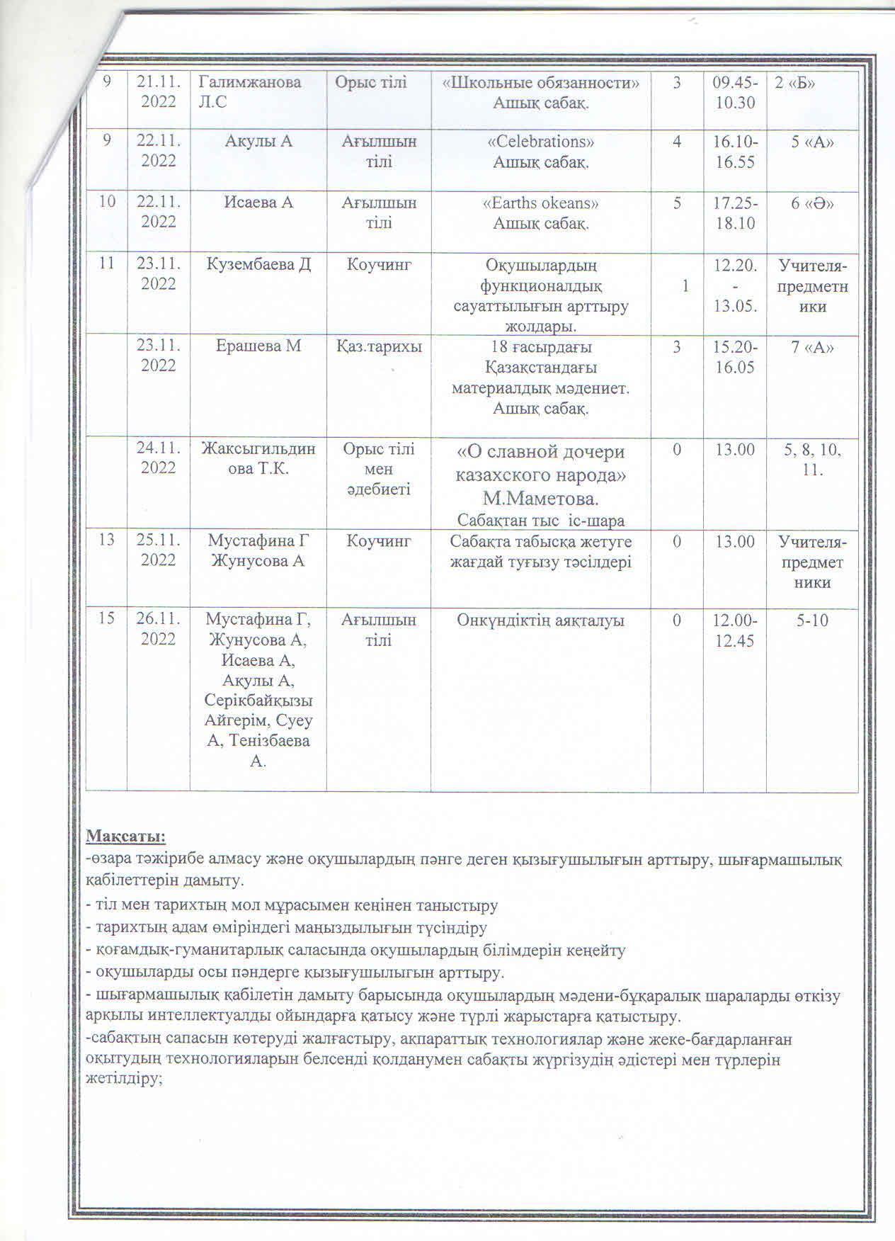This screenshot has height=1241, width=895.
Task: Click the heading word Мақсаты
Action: (x=125, y=837)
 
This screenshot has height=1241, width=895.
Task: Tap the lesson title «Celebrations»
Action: (x=541, y=142)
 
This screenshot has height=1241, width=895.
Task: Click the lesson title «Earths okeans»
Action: (x=541, y=203)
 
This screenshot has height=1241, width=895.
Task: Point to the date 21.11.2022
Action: (x=159, y=92)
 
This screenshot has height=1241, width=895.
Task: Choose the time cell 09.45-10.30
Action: (x=734, y=92)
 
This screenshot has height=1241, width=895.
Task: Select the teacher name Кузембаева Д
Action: (x=258, y=265)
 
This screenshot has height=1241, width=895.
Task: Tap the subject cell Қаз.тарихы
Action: (x=379, y=346)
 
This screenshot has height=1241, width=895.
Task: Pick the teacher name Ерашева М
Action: (x=258, y=346)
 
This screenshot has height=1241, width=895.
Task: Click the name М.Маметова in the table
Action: (x=541, y=499)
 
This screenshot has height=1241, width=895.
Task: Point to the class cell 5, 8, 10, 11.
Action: (x=811, y=459)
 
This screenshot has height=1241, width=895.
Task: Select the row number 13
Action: (x=106, y=540)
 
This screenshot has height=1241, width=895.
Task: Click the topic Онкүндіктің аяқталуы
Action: (x=541, y=620)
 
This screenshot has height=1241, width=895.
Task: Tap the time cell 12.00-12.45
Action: (x=734, y=630)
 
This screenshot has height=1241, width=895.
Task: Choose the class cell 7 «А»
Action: (x=811, y=346)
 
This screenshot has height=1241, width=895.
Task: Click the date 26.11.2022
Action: (x=159, y=629)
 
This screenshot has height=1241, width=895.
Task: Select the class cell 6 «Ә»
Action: (x=811, y=203)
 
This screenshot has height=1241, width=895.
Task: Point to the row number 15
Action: (x=106, y=619)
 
